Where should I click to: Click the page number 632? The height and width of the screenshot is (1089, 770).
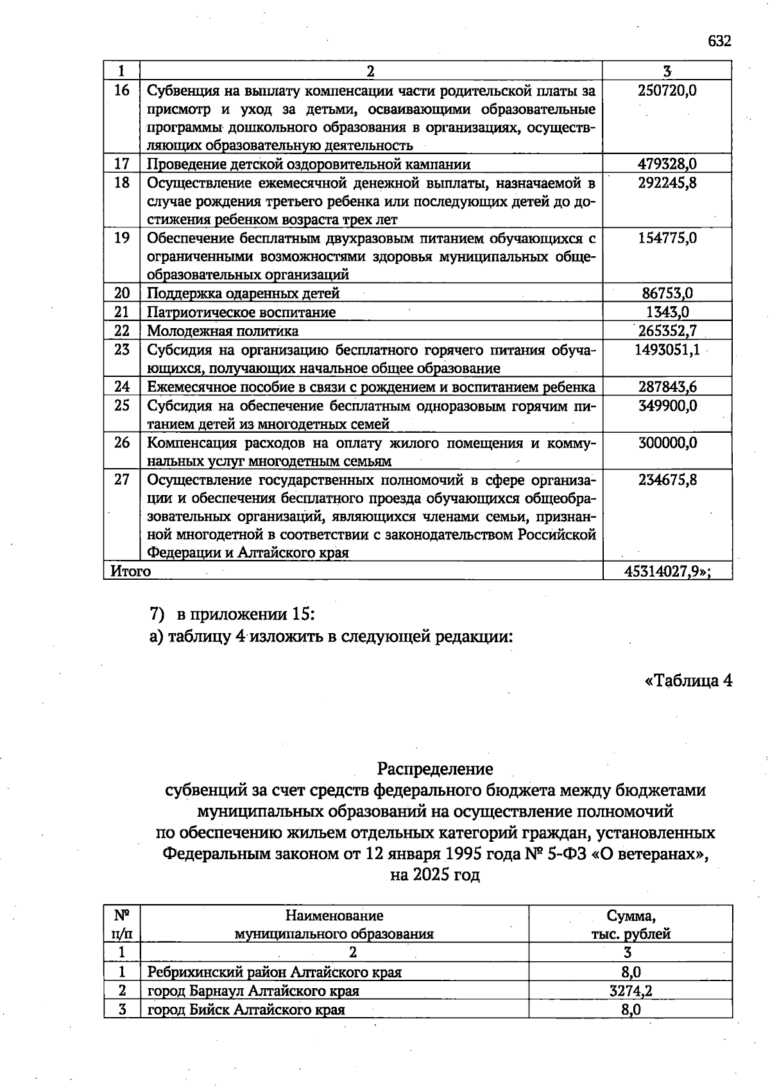[719, 42]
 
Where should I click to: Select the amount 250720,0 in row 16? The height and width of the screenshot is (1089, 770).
[667, 91]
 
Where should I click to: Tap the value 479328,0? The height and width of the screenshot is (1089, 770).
[667, 164]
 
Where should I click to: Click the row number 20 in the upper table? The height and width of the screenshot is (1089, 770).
[122, 293]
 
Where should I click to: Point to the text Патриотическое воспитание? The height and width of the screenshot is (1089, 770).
[241, 313]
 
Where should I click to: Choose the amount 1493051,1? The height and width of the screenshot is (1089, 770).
[667, 350]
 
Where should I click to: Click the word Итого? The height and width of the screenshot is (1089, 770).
[131, 571]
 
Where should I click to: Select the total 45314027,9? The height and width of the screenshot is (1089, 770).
[667, 571]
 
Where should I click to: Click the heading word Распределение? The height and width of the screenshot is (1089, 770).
[435, 769]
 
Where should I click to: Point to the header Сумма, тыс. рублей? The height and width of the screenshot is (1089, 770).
[631, 925]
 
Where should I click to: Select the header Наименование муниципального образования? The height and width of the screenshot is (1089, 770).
[334, 925]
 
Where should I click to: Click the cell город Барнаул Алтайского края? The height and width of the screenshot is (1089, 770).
[253, 991]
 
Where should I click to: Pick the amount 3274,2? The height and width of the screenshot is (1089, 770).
[631, 991]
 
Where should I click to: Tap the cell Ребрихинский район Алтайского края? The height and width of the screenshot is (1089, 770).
[275, 972]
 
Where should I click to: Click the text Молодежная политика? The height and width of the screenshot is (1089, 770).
[223, 331]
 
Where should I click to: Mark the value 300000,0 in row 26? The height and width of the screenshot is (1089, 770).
[667, 443]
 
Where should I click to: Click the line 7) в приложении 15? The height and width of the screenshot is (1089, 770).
[232, 614]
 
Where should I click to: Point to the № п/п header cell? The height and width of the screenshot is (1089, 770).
[122, 925]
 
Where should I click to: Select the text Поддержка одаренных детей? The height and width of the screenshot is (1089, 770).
[243, 294]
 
